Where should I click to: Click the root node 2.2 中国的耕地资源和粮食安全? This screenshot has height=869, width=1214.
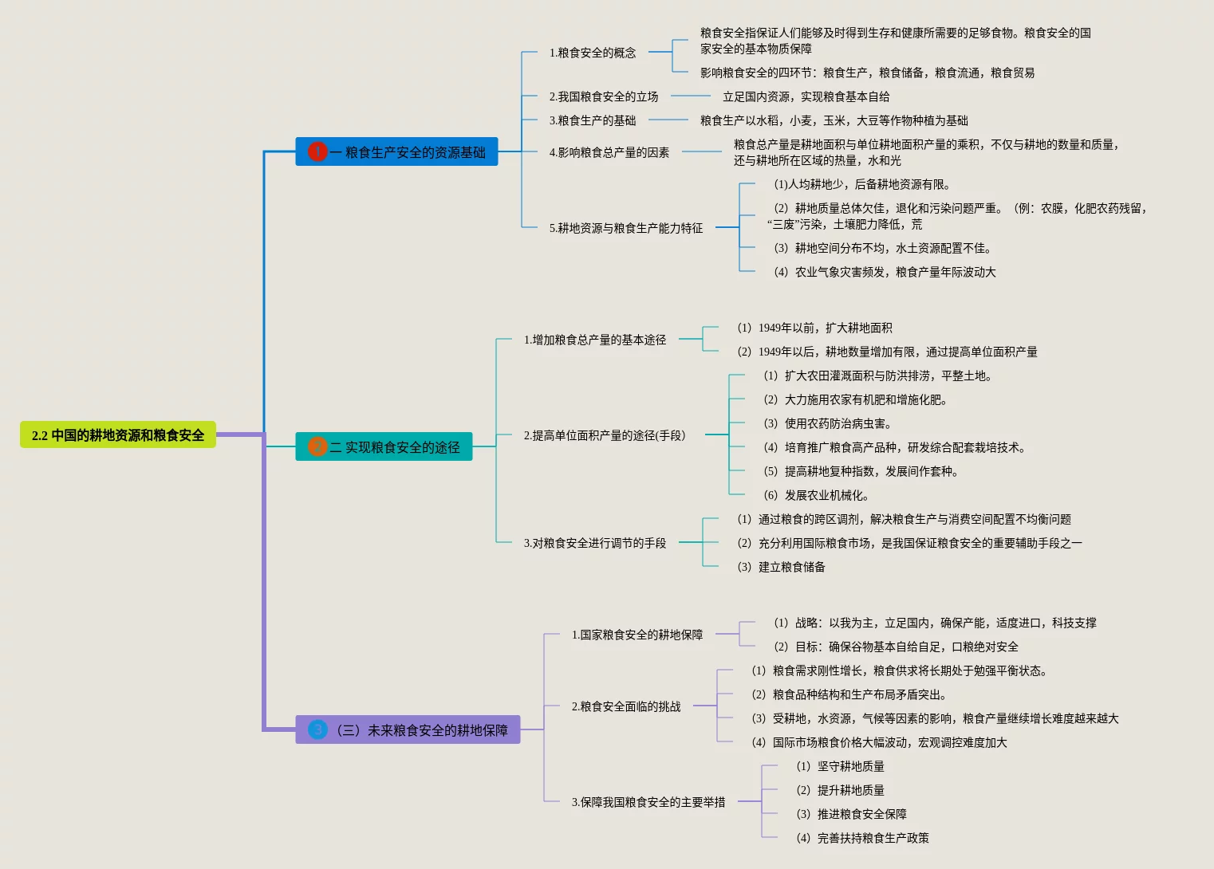coord(118,435)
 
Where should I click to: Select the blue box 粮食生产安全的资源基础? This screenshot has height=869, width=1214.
coord(407,152)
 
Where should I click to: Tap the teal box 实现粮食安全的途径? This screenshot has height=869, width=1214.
coord(394,447)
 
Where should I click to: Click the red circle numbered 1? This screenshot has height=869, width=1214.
coord(317,151)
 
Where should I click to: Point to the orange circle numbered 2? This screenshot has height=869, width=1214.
coord(317,446)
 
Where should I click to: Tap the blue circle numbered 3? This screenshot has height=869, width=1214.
coord(317,729)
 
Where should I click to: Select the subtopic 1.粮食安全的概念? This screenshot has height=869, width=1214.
coord(593,53)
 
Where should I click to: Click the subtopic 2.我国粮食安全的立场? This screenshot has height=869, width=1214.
coord(604,96)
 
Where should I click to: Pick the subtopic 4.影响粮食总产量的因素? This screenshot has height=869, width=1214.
coord(609,152)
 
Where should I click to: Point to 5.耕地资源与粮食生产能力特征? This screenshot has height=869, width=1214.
coord(626,228)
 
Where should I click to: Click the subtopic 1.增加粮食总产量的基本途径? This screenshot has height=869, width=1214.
coord(595,340)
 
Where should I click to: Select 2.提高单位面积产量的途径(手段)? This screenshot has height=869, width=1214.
coord(605,435)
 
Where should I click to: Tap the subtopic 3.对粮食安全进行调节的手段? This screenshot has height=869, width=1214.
coord(595,543)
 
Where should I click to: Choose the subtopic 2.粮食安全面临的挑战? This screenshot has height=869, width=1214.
coord(626,706)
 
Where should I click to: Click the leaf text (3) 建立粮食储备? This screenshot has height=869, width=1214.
coord(781,567)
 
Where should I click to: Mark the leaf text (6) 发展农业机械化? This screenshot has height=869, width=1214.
coord(816,495)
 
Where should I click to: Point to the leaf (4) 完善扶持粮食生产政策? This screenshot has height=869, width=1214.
coord(862,838)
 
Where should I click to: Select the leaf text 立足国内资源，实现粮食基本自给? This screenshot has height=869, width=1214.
coord(806,96)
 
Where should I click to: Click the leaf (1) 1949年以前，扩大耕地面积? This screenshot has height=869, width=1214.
coord(814,328)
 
